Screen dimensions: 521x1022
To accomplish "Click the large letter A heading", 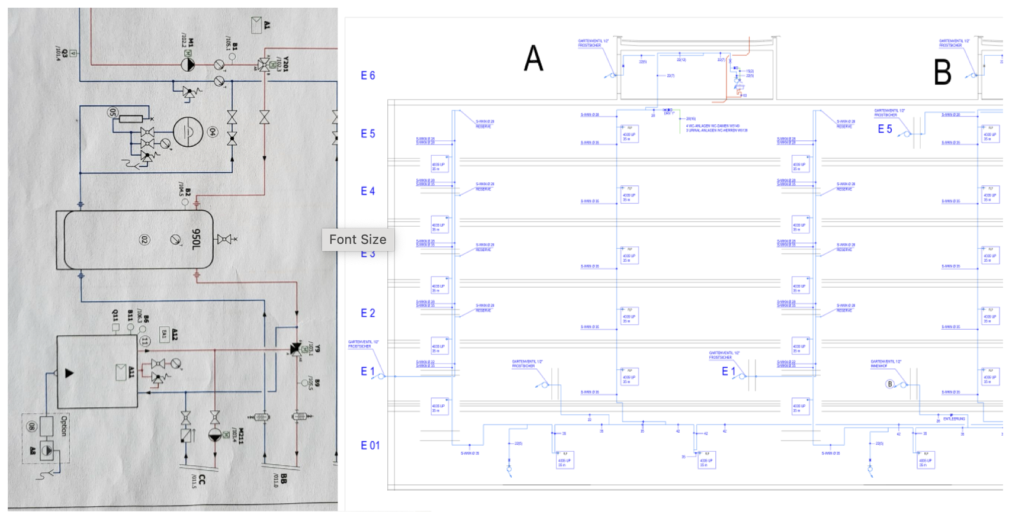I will [534, 59].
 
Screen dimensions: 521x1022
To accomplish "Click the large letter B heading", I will [942, 72].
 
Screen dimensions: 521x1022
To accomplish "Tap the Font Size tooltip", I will [358, 239].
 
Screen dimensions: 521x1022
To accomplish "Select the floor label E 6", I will [368, 76].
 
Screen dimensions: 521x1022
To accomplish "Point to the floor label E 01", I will [370, 446].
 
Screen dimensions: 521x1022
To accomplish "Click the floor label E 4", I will [368, 191].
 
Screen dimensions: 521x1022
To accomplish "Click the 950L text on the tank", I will [196, 239].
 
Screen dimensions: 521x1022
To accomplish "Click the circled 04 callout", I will [213, 132].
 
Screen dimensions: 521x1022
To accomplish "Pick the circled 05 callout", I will [113, 112].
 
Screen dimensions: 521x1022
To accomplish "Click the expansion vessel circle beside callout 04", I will [188, 132].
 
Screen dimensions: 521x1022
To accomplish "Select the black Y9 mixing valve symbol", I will [295, 349].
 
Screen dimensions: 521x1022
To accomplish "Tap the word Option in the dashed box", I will [65, 425].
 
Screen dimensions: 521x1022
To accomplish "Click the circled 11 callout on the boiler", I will [144, 341].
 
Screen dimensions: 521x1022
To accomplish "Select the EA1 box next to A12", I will [164, 334].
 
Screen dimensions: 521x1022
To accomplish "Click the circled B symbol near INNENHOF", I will [889, 384].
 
